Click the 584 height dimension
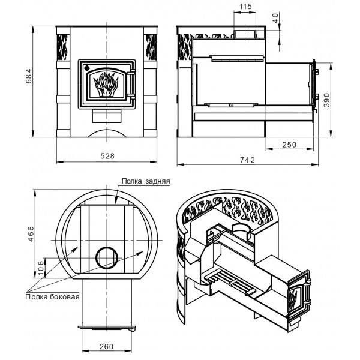point(29,76)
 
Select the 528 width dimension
point(107,156)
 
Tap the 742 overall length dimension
point(247,160)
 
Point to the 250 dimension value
point(289,145)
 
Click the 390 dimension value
point(326,100)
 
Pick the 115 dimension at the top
point(245,7)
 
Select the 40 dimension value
point(275,18)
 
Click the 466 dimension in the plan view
point(31,234)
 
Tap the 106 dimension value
point(40,268)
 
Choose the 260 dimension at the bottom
point(107,346)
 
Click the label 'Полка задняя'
point(146,181)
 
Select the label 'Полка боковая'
point(52,297)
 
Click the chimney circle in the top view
point(107,258)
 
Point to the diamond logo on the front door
point(87,67)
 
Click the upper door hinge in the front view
point(131,73)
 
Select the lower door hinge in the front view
point(131,95)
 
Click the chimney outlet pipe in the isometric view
point(242,230)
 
